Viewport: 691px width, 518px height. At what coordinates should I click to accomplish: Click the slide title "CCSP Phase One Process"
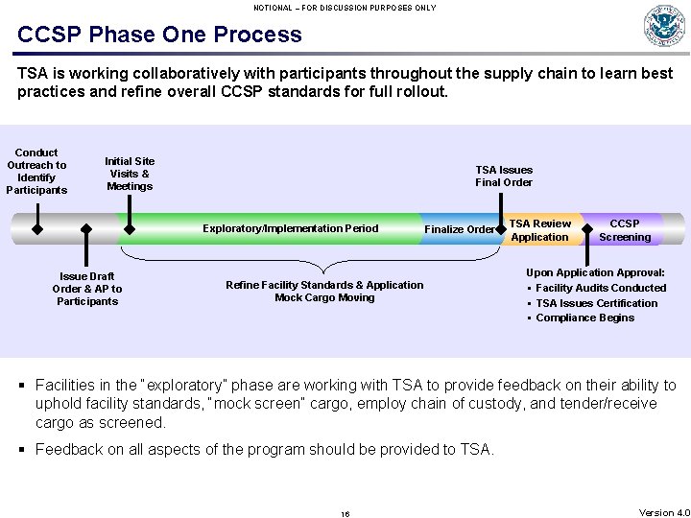point(159,35)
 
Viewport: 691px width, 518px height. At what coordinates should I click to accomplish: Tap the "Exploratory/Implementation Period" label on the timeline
point(290,228)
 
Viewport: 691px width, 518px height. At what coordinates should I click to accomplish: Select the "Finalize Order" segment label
point(459,229)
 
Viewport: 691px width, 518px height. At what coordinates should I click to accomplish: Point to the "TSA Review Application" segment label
point(539,230)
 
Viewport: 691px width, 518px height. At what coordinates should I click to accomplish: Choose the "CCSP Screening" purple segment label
point(625,230)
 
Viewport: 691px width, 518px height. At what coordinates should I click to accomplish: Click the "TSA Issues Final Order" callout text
point(504,176)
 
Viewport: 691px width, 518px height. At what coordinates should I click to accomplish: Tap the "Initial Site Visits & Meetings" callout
point(130,174)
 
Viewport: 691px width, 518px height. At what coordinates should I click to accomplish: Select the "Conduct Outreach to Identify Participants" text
point(36,171)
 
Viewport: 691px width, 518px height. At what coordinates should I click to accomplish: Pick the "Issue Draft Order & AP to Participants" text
point(87,289)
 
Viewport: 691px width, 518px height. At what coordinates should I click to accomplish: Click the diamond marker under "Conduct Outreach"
point(37,229)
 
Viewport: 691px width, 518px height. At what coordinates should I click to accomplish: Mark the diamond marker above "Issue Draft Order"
point(86,229)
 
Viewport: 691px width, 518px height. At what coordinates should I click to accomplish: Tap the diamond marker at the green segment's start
point(129,229)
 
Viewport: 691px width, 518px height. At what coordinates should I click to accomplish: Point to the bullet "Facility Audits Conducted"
point(601,288)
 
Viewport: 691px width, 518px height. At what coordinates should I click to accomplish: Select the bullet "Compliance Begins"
point(584,318)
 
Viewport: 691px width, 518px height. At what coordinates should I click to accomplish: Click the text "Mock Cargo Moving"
point(324,297)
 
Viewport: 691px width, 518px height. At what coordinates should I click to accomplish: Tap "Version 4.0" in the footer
point(663,513)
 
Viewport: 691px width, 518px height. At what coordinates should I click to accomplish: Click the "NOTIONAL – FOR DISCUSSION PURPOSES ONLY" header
point(345,8)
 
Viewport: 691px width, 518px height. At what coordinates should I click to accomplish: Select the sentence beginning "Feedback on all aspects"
point(265,449)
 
